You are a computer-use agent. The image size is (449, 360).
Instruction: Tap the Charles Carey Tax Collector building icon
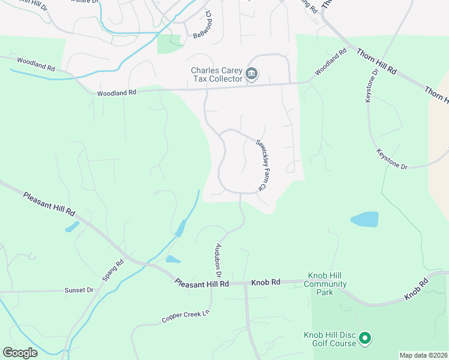point(252,74)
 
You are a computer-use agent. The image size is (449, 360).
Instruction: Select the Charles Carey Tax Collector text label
point(216,74)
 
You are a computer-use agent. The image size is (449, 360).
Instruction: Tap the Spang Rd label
point(112,271)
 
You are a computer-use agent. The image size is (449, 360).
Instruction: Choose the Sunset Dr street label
point(79,290)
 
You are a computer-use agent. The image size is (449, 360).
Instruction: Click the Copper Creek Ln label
point(187,316)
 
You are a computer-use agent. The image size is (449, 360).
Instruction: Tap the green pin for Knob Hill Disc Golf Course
point(364,340)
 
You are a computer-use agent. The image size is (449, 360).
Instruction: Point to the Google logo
point(20,353)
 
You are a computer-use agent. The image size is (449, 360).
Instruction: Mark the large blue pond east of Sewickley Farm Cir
point(364,220)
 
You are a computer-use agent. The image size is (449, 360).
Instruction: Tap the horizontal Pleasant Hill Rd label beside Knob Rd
point(202,283)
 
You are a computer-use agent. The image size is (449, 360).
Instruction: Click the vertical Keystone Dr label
point(371,85)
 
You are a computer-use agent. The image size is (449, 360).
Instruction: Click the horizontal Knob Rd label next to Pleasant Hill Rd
point(266,282)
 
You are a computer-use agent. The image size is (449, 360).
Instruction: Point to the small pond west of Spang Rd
point(71,227)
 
